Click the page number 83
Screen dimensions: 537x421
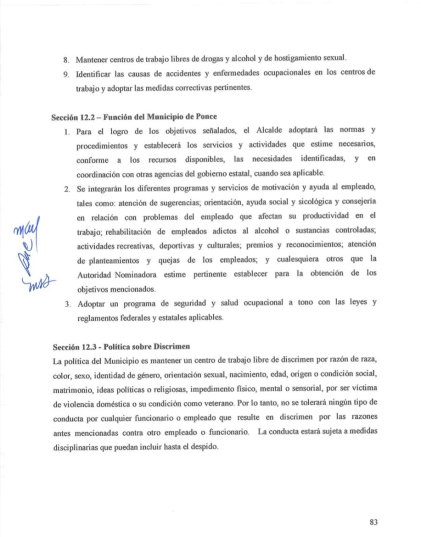(373, 522)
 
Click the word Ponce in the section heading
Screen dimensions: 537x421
(206, 115)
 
